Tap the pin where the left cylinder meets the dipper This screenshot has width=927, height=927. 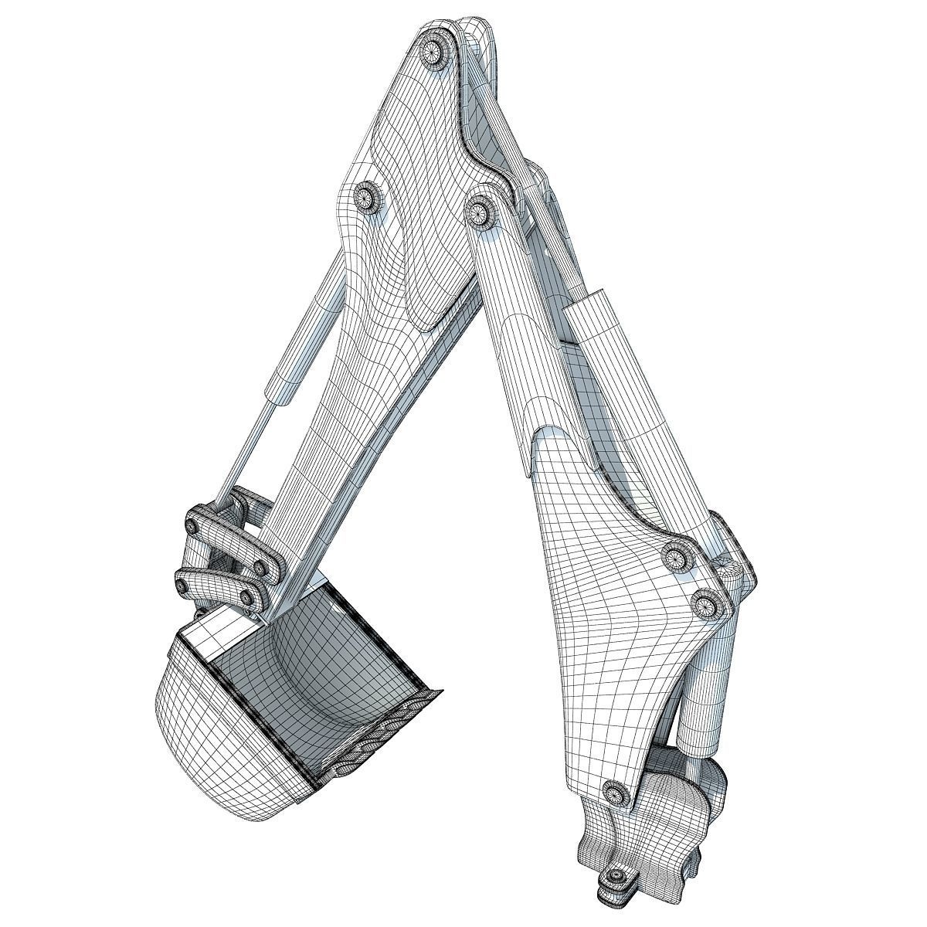(x=365, y=198)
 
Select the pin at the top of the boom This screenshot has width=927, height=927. (x=479, y=209)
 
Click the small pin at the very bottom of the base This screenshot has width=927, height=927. (x=616, y=878)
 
